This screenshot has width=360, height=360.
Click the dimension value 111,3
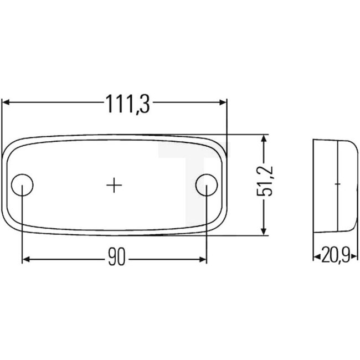127,103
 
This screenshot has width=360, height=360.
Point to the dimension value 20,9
333,256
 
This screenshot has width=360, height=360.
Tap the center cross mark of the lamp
114,184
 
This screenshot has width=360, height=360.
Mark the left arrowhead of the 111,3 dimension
7,102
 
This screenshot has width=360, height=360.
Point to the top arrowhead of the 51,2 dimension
265,139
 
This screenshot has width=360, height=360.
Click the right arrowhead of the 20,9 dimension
351,256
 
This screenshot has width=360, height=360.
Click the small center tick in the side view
337,182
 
